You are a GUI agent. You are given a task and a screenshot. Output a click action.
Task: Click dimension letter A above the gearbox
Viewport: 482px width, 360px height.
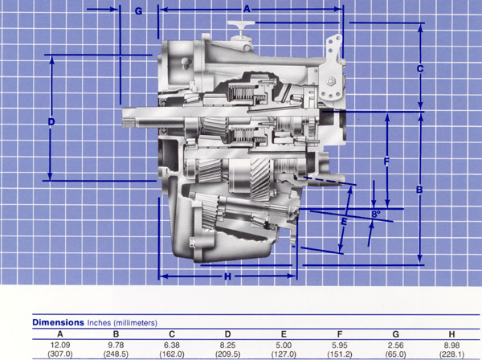(247, 9)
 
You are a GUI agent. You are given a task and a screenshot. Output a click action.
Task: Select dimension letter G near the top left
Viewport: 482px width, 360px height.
(139, 11)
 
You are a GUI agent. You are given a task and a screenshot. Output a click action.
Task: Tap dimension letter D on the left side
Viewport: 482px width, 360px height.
(51, 122)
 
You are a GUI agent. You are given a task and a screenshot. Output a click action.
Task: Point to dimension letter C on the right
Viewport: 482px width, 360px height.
(420, 69)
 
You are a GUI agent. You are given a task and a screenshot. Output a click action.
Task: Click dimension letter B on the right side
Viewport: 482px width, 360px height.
(419, 190)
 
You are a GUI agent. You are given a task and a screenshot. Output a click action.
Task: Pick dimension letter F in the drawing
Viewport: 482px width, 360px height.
(386, 162)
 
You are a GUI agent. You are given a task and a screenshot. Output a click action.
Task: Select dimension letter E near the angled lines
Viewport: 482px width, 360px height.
(344, 221)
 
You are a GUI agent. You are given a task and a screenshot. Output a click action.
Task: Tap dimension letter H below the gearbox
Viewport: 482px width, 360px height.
(227, 277)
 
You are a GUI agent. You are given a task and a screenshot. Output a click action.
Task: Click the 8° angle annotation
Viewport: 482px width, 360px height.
(376, 214)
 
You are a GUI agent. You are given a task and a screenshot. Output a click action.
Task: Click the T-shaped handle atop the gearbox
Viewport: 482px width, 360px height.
(241, 25)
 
